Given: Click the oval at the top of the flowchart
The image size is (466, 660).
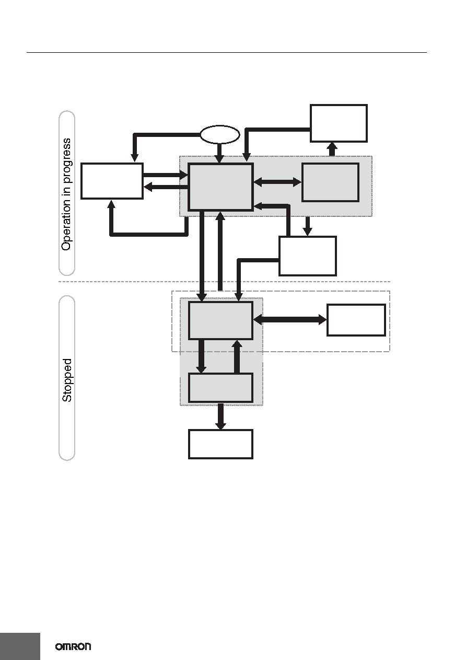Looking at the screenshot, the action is coord(220,135).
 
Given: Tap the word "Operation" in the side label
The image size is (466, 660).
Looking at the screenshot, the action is coord(66,225).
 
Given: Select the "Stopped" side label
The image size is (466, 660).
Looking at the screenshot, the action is coord(67,380).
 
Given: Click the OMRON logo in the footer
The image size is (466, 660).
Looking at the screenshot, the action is coord(73,646).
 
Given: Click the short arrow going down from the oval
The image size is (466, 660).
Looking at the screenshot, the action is coord(219,153).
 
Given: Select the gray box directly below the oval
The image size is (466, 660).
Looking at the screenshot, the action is coord(220,187).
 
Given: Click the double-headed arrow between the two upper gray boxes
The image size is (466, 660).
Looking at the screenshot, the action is coord(277,182).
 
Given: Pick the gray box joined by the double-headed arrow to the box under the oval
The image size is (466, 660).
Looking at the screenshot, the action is coord(331,182).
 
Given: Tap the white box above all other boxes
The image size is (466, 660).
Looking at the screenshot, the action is coord(339,123).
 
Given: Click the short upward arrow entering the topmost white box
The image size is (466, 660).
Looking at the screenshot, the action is coord(332,149).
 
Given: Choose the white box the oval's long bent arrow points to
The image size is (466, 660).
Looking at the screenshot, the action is coord(112,181).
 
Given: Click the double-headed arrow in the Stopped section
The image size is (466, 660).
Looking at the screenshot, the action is coord(290,320).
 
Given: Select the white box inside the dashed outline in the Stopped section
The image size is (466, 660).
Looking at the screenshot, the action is coord(356,320).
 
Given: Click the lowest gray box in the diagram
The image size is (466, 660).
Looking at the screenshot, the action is coord(220,388).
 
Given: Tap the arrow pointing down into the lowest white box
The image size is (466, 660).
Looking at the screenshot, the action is coord(220,416).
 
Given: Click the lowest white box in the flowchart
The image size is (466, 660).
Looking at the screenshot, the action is coord(220,444).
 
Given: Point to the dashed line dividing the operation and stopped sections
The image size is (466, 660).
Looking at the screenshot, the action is coord(225,282).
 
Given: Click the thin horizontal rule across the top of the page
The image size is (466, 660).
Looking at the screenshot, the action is coord(227,53).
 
